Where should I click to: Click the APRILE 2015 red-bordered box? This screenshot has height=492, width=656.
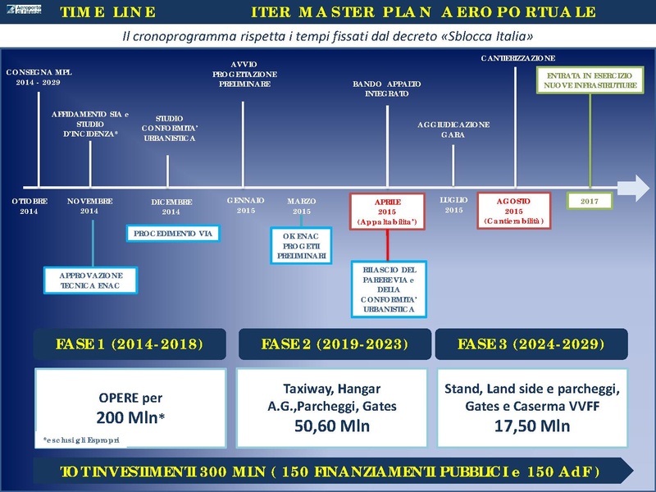coord(387,211)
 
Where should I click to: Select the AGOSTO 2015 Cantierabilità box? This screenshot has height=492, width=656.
coord(514,211)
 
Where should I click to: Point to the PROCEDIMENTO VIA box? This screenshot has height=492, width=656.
coord(173,234)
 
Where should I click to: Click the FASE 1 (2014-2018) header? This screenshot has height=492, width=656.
coord(130,344)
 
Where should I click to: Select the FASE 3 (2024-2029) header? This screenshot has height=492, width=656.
coord(531,344)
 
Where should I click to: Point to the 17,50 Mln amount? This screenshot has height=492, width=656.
coord(531,426)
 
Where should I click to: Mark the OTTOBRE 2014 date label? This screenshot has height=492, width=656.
coord(30,206)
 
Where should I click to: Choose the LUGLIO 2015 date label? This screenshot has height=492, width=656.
coord(453,205)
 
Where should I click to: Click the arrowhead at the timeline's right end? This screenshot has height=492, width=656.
coord(635,187)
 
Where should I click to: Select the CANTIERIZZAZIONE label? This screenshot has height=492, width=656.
coord(518,58)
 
